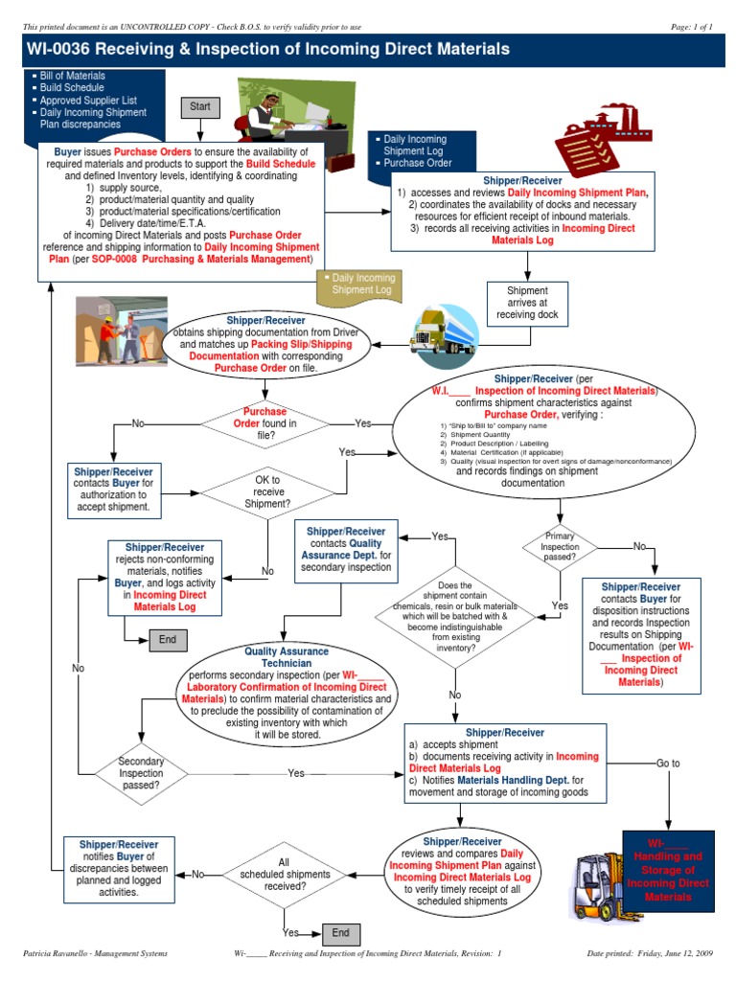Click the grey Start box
(x=199, y=107)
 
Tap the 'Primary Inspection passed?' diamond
(x=560, y=546)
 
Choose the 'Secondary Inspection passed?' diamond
(x=141, y=772)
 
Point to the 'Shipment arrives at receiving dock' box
(x=528, y=303)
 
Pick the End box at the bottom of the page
(x=340, y=932)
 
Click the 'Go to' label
(x=668, y=764)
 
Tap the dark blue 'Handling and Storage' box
(x=667, y=870)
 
